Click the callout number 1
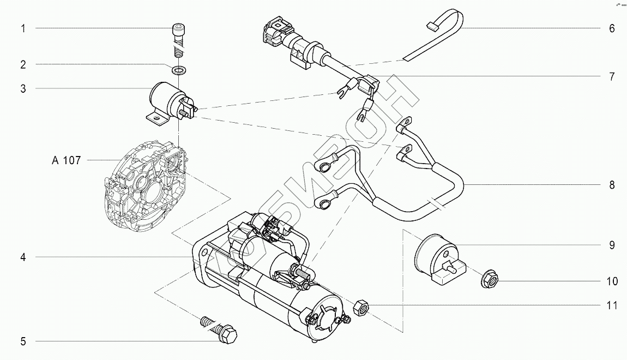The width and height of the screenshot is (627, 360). [x=23, y=28]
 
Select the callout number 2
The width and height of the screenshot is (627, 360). [x=23, y=64]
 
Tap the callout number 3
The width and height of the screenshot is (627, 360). [x=23, y=88]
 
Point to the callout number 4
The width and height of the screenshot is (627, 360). [x=23, y=257]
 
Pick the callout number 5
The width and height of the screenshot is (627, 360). [x=23, y=342]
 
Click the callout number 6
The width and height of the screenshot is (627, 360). [x=612, y=28]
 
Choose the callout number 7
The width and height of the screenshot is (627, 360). [x=612, y=76]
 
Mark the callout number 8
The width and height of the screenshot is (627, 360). [x=612, y=185]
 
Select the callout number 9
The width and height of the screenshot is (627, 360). [x=612, y=245]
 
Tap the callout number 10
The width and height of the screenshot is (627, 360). [x=612, y=281]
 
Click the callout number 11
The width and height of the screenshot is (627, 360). [x=612, y=305]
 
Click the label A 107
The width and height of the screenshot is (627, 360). [x=66, y=160]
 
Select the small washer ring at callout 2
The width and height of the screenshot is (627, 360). [x=178, y=70]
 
